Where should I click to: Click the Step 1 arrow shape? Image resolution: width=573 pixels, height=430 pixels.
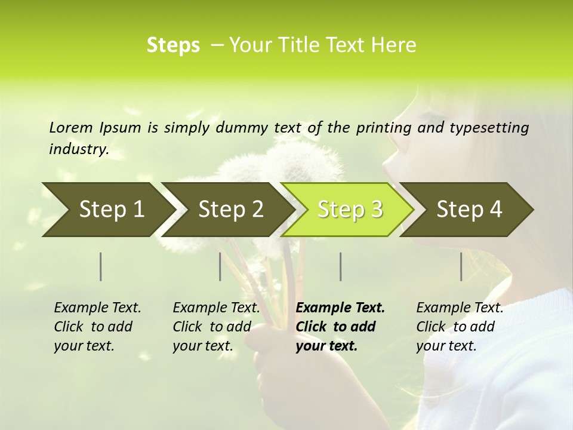[x=107, y=210]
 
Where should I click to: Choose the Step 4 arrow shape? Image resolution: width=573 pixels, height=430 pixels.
[x=468, y=210]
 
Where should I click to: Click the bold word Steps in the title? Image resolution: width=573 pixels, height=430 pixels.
[x=173, y=45]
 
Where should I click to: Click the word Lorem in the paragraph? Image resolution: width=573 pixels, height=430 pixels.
[x=71, y=127]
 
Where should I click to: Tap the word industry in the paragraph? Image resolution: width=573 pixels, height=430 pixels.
[x=79, y=149]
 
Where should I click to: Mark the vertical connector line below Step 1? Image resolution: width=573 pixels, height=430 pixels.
[x=101, y=266]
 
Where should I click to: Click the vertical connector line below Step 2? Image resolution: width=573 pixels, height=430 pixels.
[x=220, y=266]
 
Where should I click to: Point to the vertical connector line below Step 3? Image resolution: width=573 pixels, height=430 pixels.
[x=340, y=266]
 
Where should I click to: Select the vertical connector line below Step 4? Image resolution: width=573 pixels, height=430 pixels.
[x=461, y=266]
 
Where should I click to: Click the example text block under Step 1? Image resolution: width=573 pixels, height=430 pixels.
[x=97, y=327]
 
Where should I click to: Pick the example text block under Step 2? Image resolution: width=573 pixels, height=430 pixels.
[x=215, y=327]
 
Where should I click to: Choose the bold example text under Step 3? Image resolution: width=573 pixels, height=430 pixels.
[x=340, y=327]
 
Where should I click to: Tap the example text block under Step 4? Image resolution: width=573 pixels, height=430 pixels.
[x=459, y=327]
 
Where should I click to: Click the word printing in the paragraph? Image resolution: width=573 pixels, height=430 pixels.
[x=383, y=127]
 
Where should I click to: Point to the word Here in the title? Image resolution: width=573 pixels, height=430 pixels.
[x=396, y=45]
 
